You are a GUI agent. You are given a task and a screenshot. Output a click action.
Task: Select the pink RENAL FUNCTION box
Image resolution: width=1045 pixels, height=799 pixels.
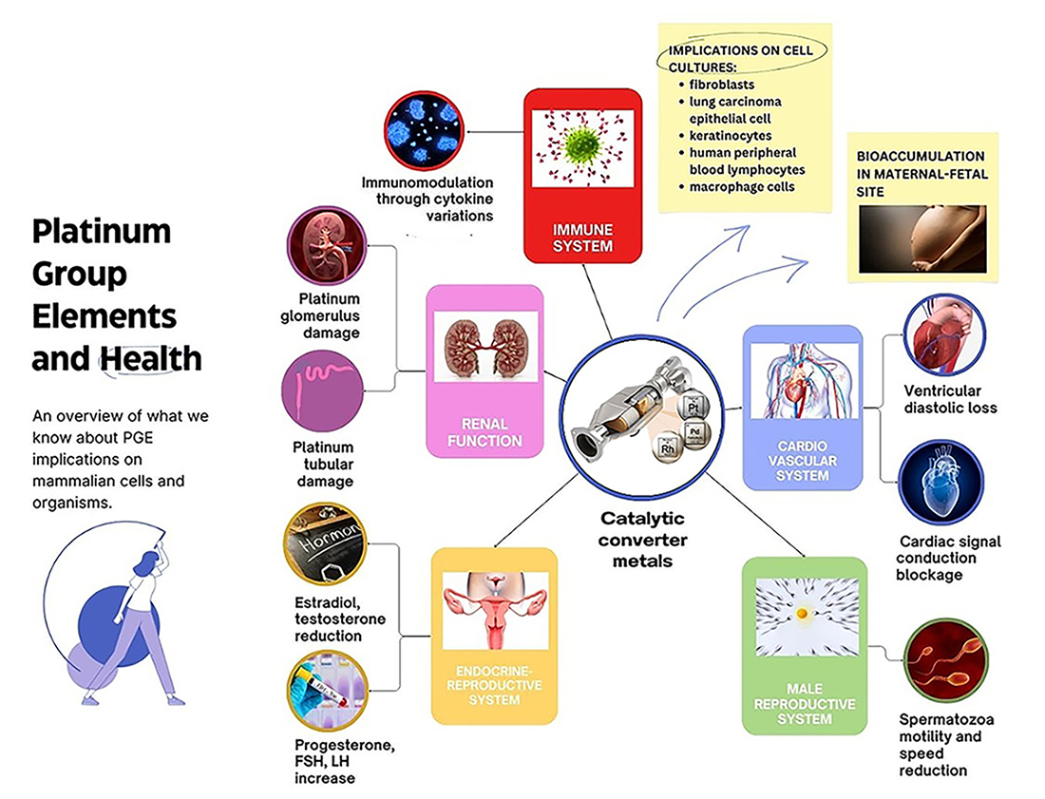(484, 371)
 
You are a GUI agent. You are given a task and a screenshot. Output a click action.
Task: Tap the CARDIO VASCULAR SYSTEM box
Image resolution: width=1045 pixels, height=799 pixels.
(802, 407)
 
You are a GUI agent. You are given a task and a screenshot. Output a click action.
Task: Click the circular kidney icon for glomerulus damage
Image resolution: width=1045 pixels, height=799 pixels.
(327, 245)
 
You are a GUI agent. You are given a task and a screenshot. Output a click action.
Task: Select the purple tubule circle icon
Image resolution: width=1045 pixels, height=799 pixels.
(323, 391)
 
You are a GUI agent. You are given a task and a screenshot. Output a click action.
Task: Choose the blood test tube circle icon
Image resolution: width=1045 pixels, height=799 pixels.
(326, 696)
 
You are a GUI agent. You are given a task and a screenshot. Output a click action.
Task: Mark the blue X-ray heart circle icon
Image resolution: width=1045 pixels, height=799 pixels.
(940, 483)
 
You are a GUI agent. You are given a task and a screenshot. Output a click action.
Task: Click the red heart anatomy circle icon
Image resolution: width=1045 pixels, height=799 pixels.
(943, 334)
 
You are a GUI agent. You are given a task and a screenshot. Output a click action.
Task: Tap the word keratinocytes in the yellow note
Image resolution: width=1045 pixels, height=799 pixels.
(727, 136)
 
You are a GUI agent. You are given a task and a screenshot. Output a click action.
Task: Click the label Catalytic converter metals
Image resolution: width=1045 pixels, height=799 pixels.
(643, 540)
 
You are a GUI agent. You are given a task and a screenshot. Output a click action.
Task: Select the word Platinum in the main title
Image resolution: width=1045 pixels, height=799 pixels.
(102, 231)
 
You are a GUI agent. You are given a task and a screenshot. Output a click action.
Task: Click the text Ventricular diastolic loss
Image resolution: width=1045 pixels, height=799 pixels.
(943, 399)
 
